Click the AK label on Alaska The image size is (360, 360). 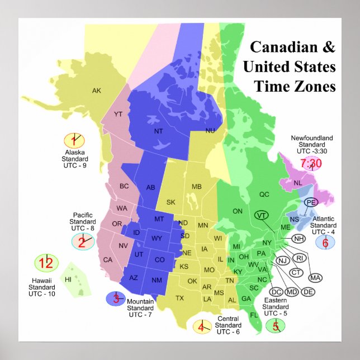pos(97,91)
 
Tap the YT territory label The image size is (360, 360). pos(118,114)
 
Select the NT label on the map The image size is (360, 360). pos(158,131)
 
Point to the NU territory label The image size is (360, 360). pos(210,130)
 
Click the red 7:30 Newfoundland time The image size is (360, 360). pos(311,163)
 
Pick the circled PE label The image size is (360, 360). pos(311,202)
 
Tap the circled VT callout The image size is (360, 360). pos(261,215)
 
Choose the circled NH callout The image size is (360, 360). pos(300,239)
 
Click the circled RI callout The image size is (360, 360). pos(300,258)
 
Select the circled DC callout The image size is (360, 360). pos(276,292)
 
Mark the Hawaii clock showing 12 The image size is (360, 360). pos(47,262)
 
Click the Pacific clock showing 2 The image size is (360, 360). pos(83,241)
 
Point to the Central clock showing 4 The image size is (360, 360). pos(201,326)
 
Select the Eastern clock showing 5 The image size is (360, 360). pos(275,325)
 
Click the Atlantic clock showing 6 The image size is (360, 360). pos(325,242)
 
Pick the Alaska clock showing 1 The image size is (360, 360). pos(73,140)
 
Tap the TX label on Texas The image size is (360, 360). pos(179,298)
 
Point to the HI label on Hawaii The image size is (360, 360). pos(68,279)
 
